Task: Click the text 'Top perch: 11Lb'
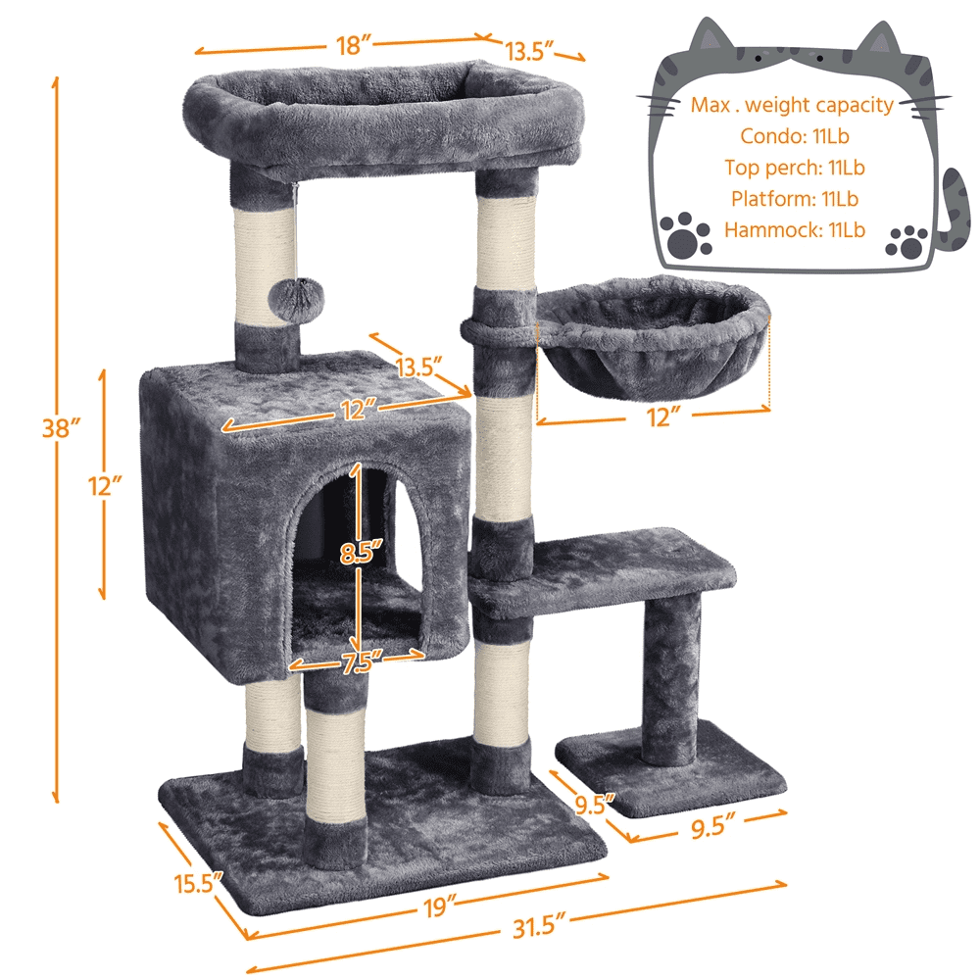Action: [x=794, y=168]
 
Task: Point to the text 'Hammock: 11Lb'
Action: [x=794, y=230]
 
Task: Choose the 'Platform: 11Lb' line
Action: [x=794, y=199]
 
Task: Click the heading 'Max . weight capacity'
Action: [x=792, y=105]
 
